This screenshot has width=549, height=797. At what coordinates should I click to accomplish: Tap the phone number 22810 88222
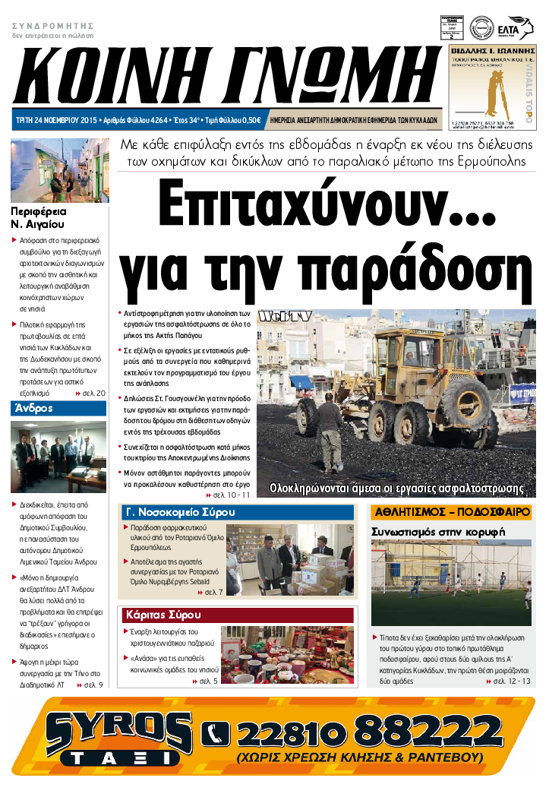coord(375,732)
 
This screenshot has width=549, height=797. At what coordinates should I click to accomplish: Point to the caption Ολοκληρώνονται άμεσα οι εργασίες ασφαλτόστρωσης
coord(398,488)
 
